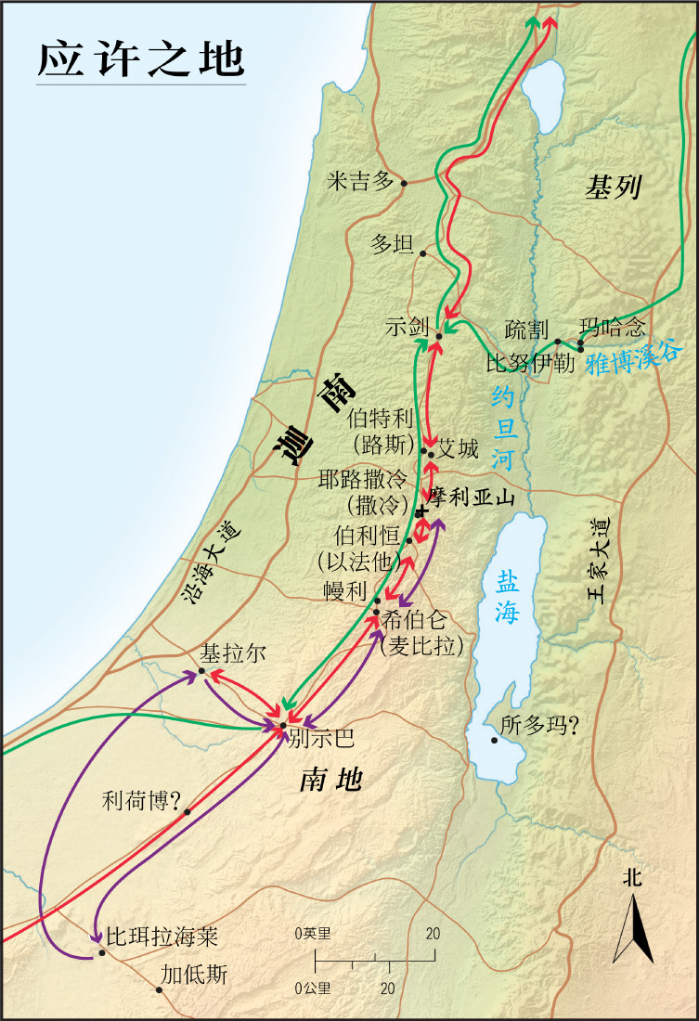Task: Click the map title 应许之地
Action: tap(141, 58)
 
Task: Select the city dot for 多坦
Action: tap(422, 252)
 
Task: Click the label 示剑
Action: tap(408, 327)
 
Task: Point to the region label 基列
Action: tap(613, 188)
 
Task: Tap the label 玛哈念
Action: tap(611, 328)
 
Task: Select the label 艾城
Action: tap(459, 451)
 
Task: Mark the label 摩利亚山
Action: tap(472, 498)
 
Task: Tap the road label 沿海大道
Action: tap(210, 563)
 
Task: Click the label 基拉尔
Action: tap(233, 653)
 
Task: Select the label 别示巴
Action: tap(321, 739)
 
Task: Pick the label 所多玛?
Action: tap(539, 726)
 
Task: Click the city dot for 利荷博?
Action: tap(188, 811)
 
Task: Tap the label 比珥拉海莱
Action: tap(162, 936)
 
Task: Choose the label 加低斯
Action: tap(193, 975)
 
